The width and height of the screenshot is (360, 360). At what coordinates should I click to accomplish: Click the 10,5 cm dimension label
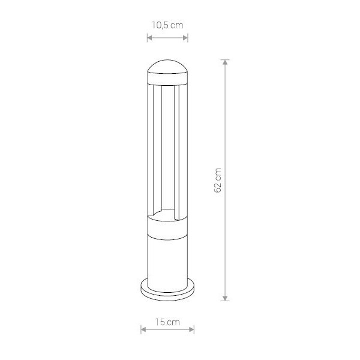click(167, 25)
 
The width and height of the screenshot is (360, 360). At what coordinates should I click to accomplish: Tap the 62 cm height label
click(218, 180)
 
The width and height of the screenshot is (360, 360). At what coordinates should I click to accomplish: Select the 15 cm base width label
click(167, 322)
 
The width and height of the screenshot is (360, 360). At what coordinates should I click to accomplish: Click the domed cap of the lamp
click(167, 67)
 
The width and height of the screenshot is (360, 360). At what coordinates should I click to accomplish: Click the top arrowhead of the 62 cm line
click(225, 62)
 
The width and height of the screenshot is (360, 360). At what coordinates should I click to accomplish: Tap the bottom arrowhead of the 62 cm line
click(225, 298)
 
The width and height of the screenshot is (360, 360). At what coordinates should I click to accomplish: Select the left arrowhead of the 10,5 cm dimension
click(149, 38)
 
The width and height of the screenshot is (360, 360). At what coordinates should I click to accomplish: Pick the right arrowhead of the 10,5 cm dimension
click(185, 38)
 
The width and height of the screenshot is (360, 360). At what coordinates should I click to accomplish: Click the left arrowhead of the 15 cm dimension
click(143, 329)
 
